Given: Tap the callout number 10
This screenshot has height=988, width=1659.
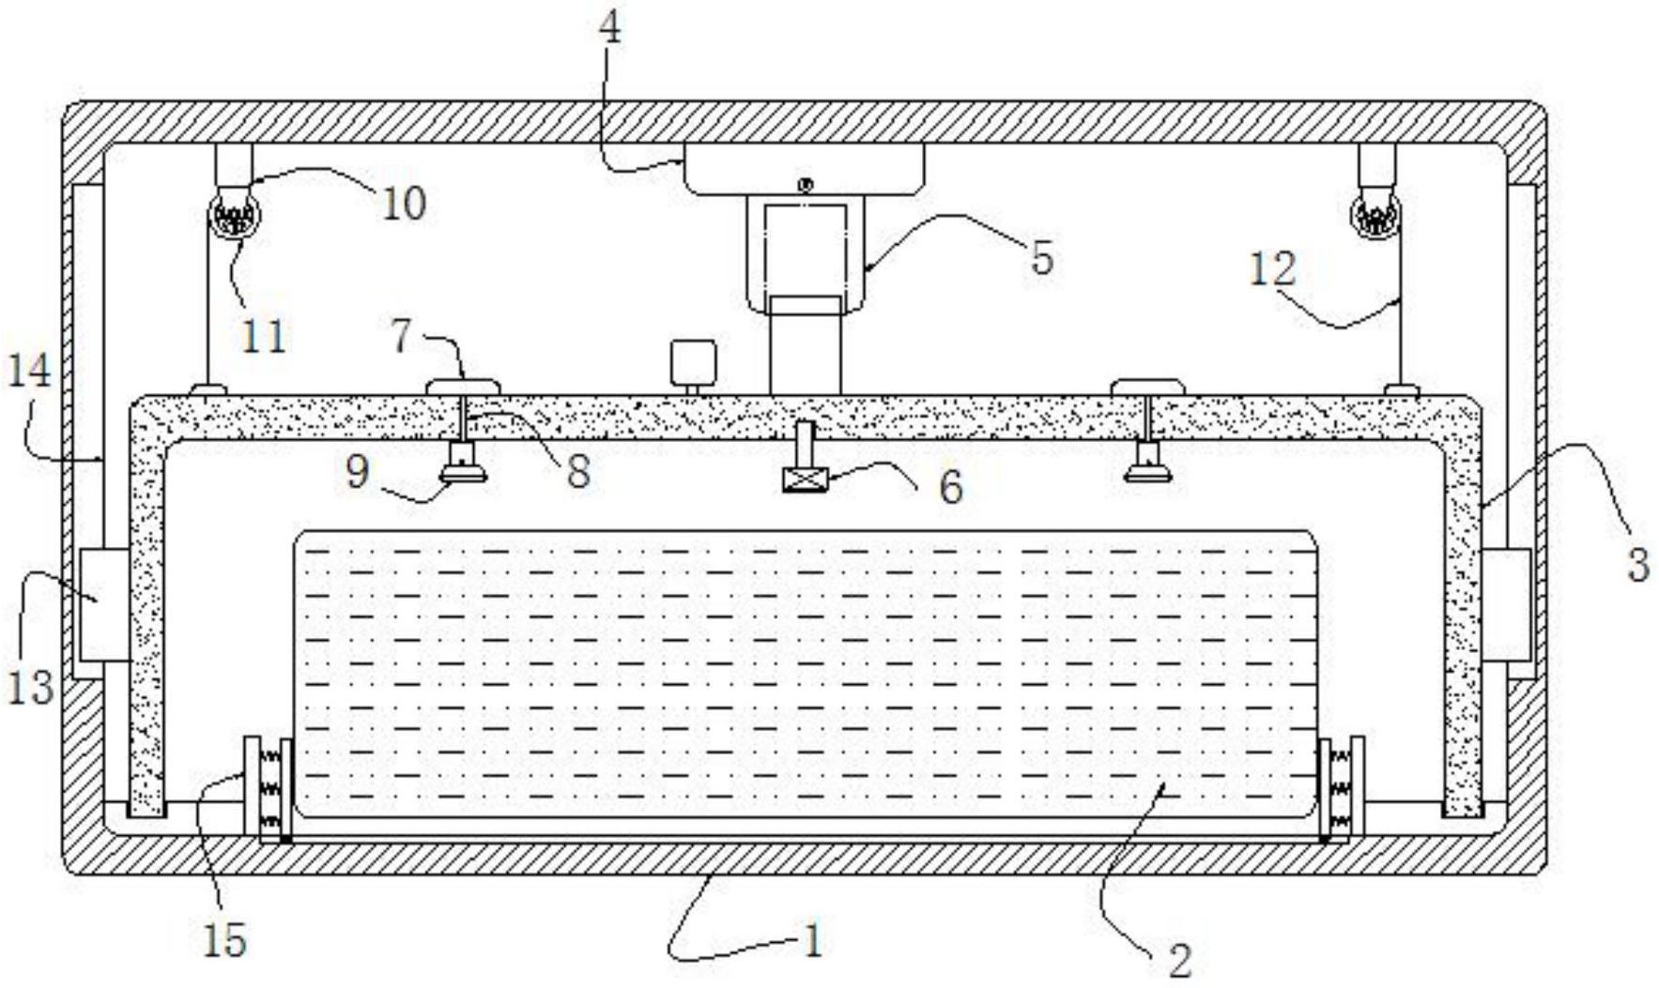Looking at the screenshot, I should pos(404,203).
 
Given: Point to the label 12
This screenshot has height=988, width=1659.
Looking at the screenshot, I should pos(1272,269).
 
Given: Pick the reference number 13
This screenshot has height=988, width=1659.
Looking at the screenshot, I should pos(30,687).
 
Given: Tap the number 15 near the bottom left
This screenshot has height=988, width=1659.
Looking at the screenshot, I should pos(224,939).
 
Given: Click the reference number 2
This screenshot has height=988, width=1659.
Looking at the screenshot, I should pos(1179,959).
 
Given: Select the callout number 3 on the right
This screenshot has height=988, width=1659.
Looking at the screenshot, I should pos(1637,566).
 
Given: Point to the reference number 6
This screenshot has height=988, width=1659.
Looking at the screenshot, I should pos(950,486).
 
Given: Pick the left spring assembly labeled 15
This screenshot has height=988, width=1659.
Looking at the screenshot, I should pos(268,788).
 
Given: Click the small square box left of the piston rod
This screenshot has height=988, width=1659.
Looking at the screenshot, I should pos(693,362).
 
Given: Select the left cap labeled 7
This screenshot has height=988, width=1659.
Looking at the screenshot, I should pos(464,386).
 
